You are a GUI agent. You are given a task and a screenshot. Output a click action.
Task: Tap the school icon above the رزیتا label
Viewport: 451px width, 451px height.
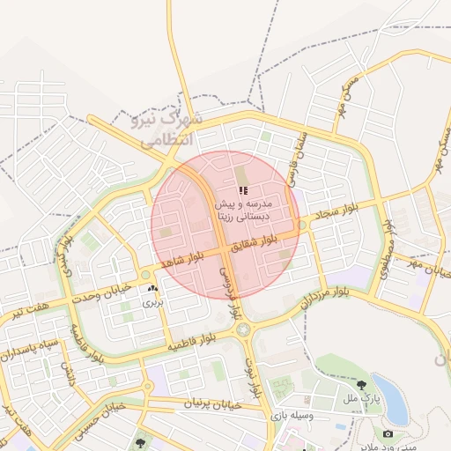click(243, 190)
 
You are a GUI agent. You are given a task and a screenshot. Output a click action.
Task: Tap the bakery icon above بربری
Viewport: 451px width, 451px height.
click(153, 288)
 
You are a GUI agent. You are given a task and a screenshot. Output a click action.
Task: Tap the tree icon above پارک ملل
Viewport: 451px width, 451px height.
click(361, 384)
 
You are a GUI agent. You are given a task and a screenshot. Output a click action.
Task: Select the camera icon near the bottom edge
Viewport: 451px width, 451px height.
click(388, 433)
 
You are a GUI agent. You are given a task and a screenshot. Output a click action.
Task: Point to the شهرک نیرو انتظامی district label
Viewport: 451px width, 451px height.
click(162, 128)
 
